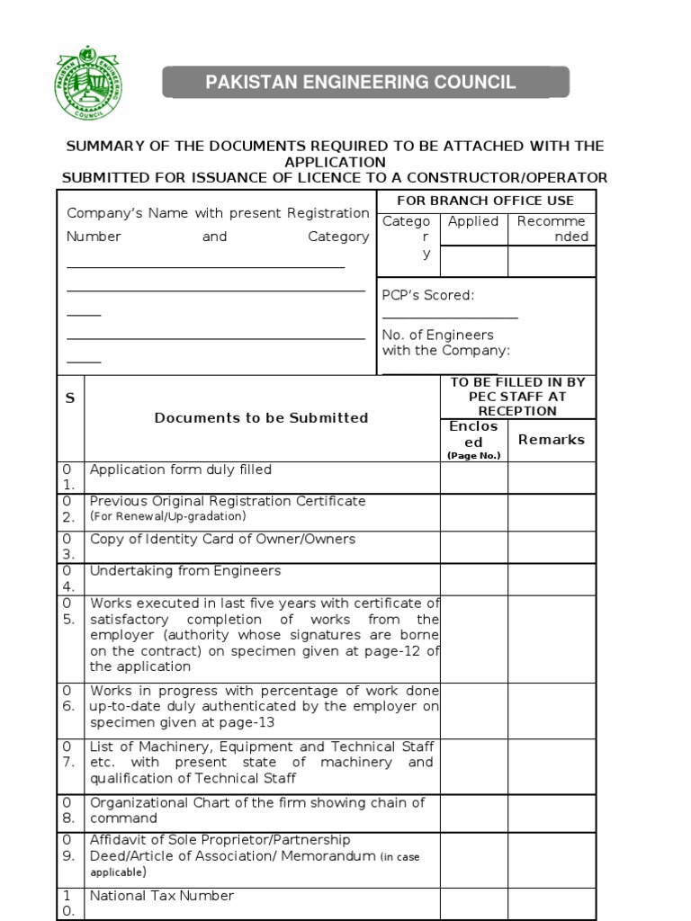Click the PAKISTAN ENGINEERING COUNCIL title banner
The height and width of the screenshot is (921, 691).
(365, 83)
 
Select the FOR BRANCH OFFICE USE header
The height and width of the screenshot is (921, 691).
(485, 201)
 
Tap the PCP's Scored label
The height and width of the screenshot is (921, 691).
(428, 295)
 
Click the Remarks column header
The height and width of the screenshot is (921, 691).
(551, 440)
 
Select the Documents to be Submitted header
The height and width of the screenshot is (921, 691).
(261, 418)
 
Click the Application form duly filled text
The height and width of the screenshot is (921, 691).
(180, 469)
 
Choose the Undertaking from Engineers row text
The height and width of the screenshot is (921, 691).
(185, 571)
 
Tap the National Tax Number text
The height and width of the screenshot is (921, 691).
(161, 896)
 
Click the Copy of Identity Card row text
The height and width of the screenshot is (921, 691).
(222, 540)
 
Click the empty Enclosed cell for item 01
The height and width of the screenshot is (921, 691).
(473, 478)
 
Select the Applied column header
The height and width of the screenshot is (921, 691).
(473, 221)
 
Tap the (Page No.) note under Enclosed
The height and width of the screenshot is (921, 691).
(473, 456)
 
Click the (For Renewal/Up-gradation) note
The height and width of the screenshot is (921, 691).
(167, 517)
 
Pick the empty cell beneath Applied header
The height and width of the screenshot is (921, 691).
(473, 262)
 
